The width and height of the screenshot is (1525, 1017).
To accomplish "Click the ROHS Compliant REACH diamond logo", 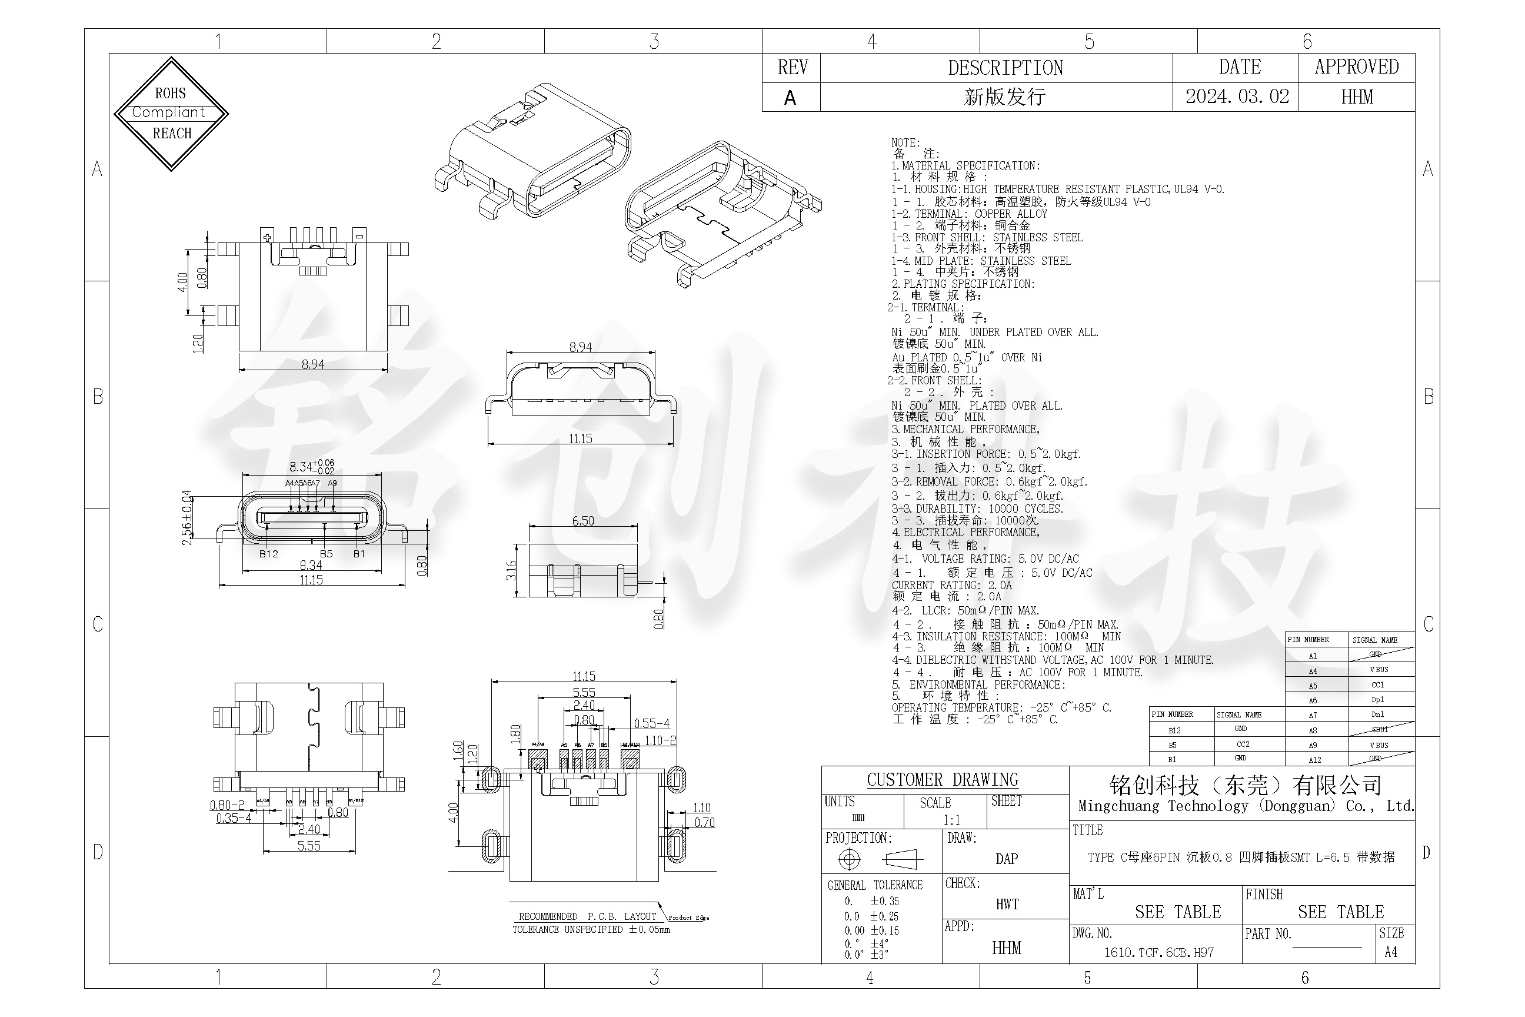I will pos(171,114).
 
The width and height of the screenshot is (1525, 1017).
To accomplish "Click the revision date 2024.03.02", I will pos(1237,97).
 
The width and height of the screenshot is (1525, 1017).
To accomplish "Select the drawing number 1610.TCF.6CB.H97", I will pos(1158,952).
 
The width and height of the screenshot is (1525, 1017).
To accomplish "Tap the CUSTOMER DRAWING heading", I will pos(942,780).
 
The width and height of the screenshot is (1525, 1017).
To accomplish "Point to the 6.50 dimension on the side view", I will pos(583,521).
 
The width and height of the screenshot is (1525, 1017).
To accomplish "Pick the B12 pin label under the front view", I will pos(268,554).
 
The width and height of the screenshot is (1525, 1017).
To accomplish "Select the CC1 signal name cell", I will pos(1377,685).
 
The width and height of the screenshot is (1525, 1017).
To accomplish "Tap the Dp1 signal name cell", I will pos(1377,700).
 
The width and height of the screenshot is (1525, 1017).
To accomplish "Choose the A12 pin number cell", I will pos(1314,759).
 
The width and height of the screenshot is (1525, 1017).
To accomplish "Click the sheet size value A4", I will pos(1391,952).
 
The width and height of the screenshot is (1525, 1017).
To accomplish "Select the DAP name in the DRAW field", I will pos(1006,859).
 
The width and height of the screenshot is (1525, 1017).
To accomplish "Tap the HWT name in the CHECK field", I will pos(1007,904).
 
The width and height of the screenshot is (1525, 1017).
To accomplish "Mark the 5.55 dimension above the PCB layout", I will pos(584,692).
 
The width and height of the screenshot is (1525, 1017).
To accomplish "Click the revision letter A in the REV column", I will pos(790,98).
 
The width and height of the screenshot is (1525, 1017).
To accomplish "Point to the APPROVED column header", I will pos(1356,67).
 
